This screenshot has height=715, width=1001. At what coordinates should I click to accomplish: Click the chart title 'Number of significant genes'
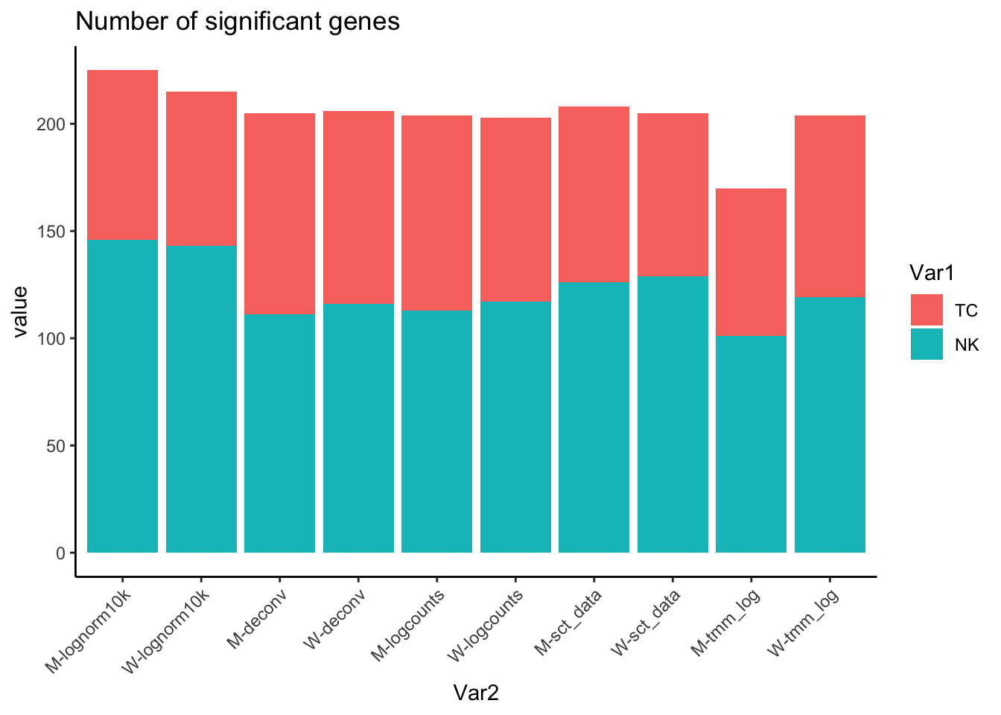pos(238,22)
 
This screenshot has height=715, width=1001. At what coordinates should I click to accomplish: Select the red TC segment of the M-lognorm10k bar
pos(123,154)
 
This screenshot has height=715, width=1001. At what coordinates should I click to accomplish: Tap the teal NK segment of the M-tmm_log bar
pos(751,444)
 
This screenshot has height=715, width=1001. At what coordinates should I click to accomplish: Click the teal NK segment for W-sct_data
pos(673,414)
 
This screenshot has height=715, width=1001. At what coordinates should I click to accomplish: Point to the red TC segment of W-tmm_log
pos(830,206)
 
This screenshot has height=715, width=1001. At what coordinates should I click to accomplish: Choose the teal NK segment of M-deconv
pos(280,433)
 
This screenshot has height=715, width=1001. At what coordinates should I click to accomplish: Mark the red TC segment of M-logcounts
pos(437,213)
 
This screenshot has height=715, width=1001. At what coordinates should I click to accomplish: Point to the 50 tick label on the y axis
pos(57,446)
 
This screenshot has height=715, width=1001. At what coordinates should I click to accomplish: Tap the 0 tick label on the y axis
pos(61,553)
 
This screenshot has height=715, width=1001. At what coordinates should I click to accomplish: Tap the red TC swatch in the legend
pos(927,310)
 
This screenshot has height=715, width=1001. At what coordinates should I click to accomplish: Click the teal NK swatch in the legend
pos(927,344)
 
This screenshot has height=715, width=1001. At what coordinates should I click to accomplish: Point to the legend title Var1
pos(932,273)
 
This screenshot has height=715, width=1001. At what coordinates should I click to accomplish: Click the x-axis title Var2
pos(476,693)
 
